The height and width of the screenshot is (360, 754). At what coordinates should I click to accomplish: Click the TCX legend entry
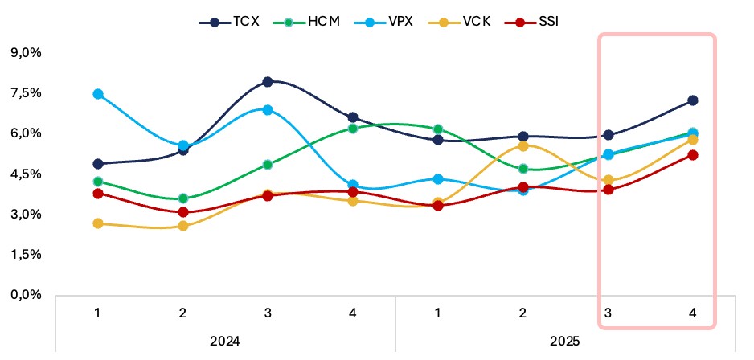click(232, 21)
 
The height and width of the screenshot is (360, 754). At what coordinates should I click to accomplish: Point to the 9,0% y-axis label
click(26, 53)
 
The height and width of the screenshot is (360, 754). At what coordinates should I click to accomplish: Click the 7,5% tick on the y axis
click(26, 93)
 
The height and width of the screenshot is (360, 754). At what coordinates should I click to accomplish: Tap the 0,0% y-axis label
click(26, 295)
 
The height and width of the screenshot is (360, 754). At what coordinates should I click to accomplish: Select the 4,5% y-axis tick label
click(26, 174)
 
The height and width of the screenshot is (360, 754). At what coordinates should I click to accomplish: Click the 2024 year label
click(225, 340)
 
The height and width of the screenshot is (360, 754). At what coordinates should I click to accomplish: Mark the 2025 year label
click(565, 340)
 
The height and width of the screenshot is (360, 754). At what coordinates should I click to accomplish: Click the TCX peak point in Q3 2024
click(268, 82)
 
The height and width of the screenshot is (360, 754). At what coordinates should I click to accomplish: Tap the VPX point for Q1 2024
click(98, 94)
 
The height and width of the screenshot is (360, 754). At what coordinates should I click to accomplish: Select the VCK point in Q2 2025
click(523, 145)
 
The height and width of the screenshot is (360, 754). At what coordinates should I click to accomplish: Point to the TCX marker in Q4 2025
click(692, 100)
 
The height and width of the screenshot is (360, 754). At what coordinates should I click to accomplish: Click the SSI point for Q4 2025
click(692, 155)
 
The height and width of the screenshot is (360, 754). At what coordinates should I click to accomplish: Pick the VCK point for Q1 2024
click(98, 223)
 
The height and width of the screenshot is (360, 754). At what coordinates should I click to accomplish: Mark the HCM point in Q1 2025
click(438, 129)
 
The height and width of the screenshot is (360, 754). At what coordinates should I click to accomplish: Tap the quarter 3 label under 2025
click(608, 312)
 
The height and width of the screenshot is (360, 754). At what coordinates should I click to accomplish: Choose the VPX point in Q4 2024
click(353, 186)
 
